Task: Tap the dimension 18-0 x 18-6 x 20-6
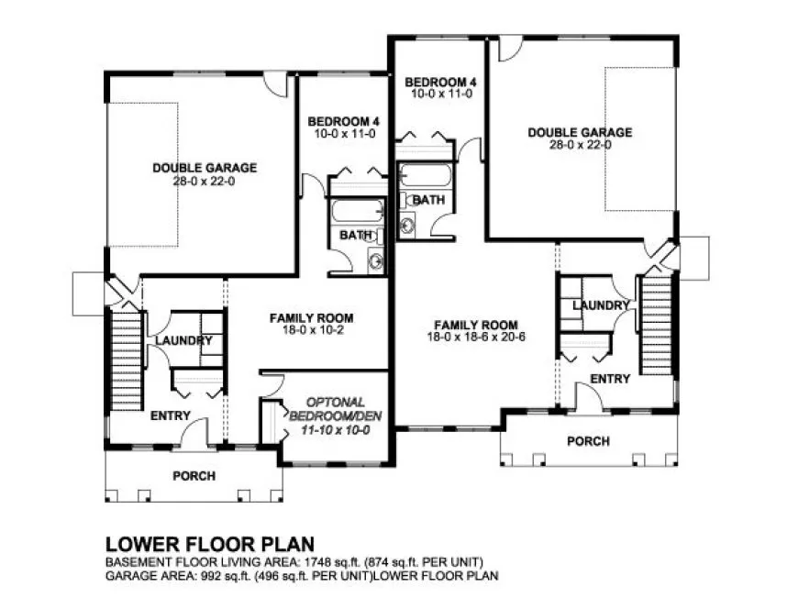[476, 338]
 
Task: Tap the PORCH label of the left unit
[194, 476]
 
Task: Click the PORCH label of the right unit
[588, 441]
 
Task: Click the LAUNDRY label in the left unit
[183, 341]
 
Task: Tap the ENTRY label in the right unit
[609, 378]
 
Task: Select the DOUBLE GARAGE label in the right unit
[580, 132]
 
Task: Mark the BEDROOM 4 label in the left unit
[343, 122]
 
